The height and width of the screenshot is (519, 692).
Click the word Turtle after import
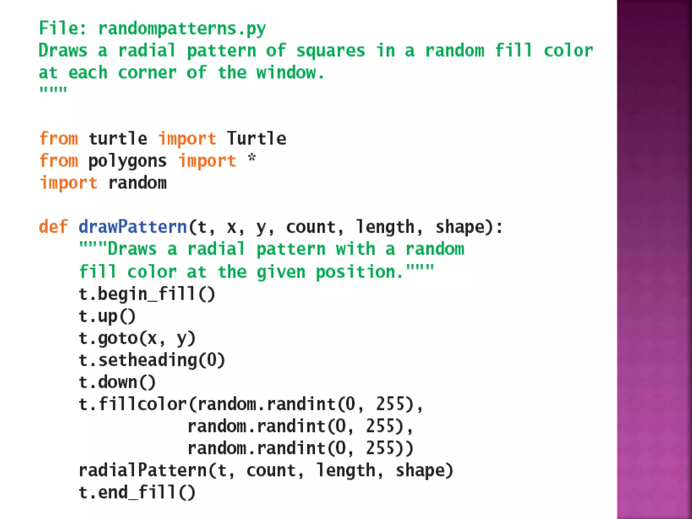256,139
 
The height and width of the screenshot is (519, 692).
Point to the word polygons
127,161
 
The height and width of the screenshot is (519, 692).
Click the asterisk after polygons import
252,158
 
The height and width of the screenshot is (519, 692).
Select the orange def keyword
53,227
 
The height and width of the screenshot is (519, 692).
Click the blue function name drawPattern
133,227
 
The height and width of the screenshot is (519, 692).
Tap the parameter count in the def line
311,227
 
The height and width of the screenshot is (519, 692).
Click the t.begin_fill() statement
147,294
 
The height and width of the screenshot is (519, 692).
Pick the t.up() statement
107,316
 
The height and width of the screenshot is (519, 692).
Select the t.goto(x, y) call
137,338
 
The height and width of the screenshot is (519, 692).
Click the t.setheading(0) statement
152,360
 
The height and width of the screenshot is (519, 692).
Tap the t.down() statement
117,382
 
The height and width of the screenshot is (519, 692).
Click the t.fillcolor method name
132,404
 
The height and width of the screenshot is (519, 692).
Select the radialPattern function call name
142,470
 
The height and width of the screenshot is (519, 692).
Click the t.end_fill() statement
137,492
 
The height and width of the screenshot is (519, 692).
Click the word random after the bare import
137,183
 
